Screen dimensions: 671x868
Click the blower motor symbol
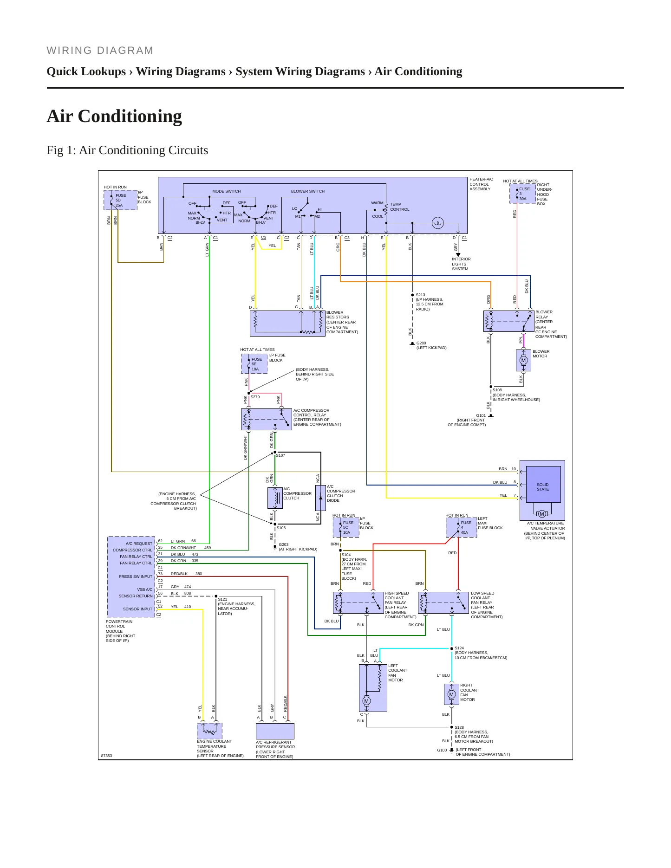[523, 360]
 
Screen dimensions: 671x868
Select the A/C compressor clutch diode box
[320, 498]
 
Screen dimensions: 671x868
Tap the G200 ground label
[421, 343]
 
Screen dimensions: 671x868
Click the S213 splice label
[420, 295]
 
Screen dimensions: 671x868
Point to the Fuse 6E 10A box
[254, 364]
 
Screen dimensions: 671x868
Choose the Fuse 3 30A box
[523, 194]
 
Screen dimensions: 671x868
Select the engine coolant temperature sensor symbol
[209, 731]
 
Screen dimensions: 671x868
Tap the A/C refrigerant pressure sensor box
[275, 731]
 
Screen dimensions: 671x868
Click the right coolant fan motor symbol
[451, 694]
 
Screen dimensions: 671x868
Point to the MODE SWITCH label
[227, 191]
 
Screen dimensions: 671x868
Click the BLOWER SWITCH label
[308, 191]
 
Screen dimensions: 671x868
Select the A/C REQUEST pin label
[139, 544]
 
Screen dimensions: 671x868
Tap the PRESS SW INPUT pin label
[136, 577]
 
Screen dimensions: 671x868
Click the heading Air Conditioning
[114, 116]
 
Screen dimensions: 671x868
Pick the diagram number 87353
[107, 756]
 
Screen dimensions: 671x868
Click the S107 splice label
[280, 455]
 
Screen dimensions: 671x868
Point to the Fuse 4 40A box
[462, 527]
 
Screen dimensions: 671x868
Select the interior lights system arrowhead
[458, 255]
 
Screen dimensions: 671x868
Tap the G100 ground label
[442, 750]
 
